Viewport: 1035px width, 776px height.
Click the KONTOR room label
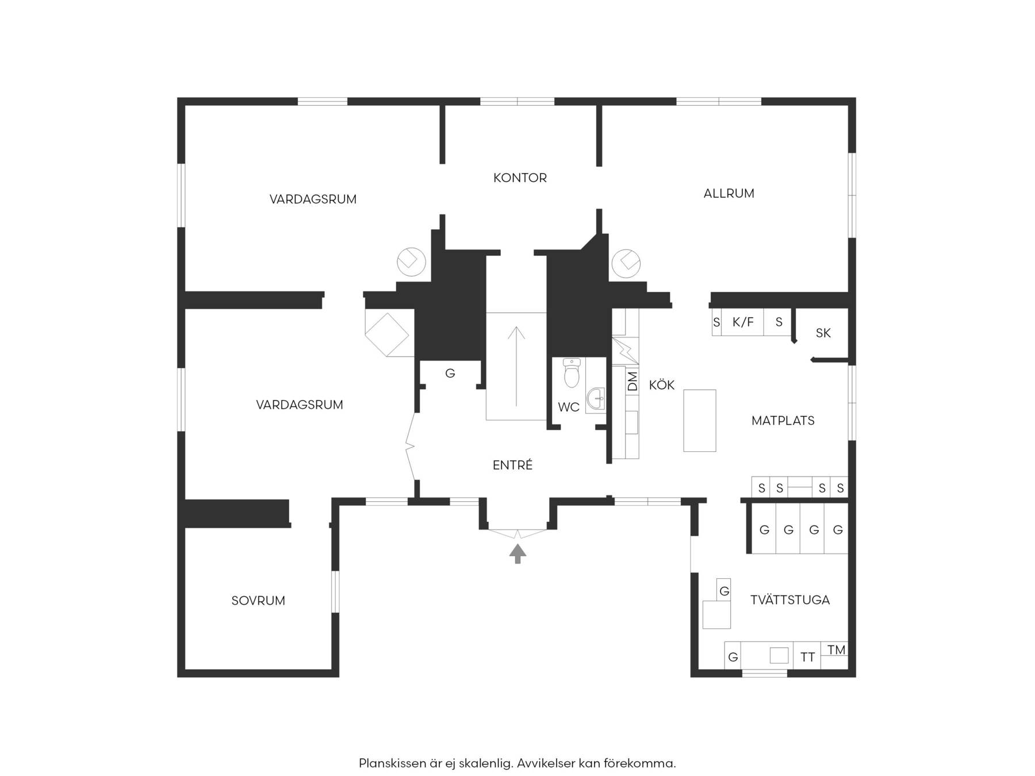[520, 178]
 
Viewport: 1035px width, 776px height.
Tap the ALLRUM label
[729, 194]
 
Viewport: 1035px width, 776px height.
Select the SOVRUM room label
[258, 601]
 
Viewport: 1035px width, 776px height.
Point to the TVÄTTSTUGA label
[790, 600]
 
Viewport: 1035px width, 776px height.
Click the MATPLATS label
[783, 421]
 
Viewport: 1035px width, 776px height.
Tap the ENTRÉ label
[512, 464]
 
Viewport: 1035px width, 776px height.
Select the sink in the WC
[596, 398]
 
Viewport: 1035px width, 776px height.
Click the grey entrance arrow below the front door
[517, 554]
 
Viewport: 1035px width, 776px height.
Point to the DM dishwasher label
[632, 381]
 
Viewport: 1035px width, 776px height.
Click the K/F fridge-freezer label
[743, 322]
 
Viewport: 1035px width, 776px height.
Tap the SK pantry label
[823, 333]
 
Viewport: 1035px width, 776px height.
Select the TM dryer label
[836, 650]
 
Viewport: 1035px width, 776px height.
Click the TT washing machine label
[807, 657]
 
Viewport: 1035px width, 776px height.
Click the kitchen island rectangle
[700, 420]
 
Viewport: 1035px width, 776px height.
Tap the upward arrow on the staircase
[516, 366]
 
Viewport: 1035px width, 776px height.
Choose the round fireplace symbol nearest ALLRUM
[626, 263]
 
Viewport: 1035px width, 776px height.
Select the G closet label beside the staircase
[450, 374]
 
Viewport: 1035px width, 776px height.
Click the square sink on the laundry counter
[779, 655]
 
